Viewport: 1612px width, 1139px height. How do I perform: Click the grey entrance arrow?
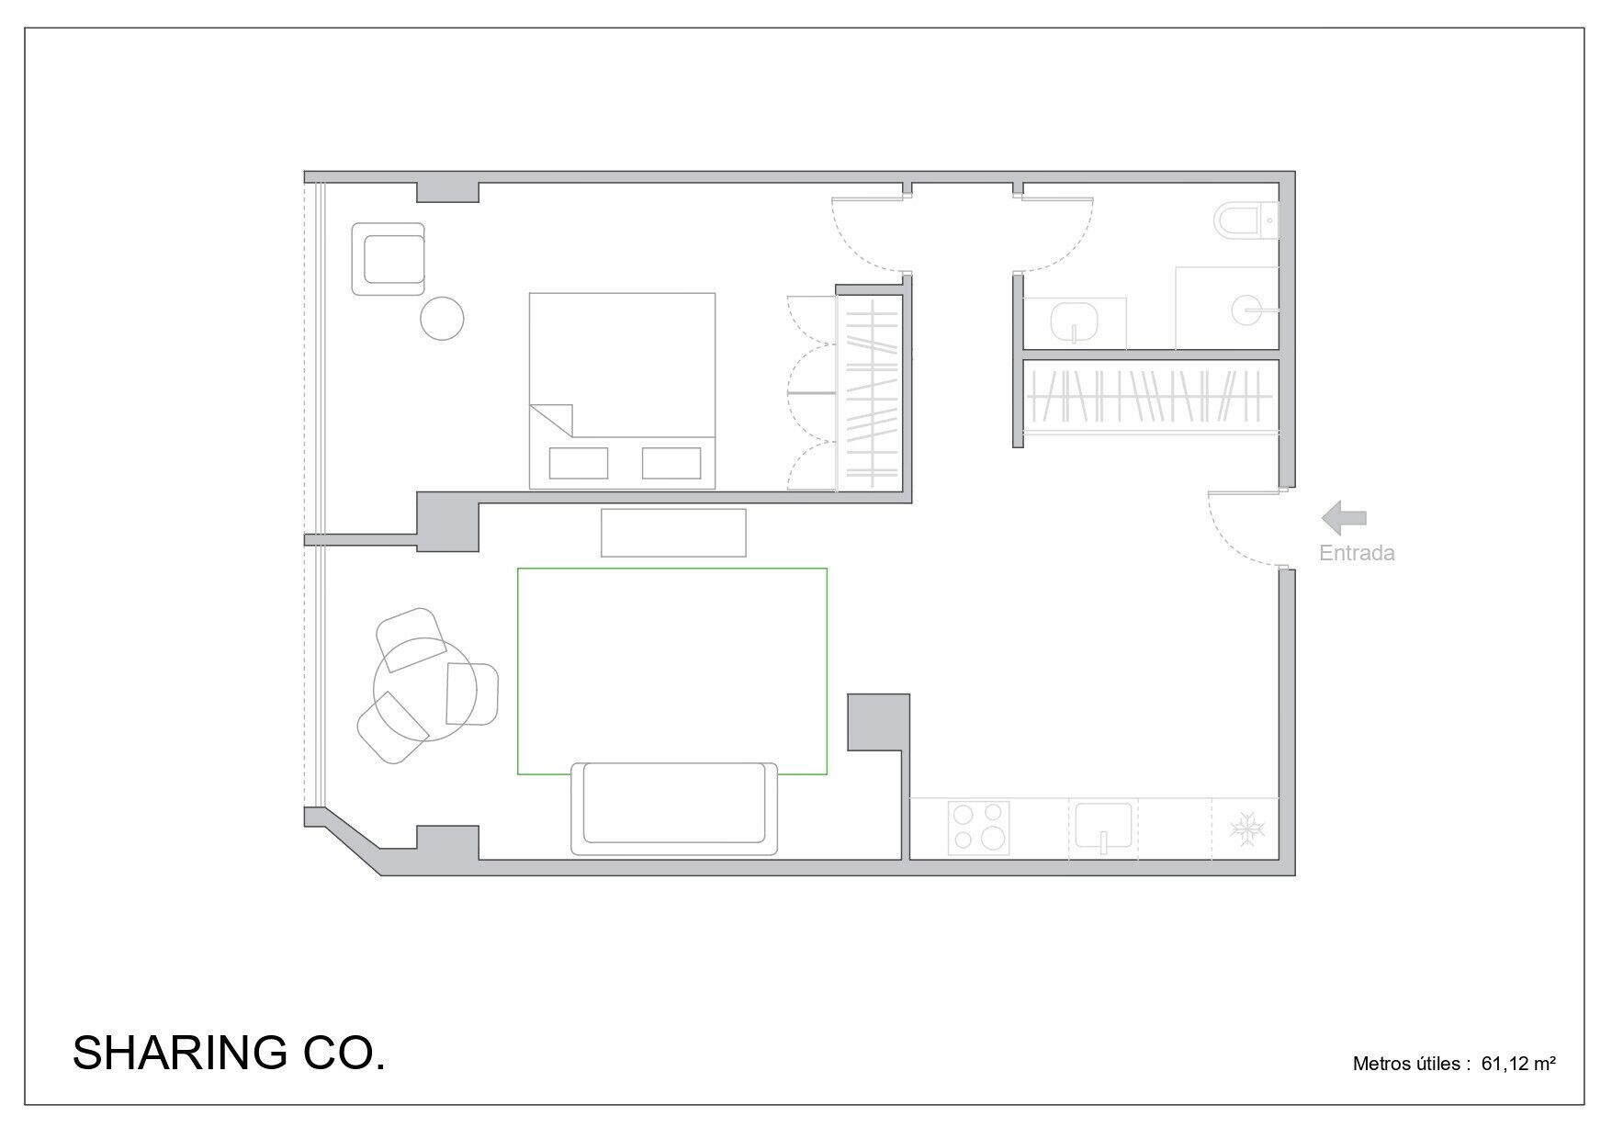point(1344,518)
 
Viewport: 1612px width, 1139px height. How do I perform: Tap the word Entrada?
point(1357,553)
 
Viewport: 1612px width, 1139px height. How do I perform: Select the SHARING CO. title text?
point(229,1053)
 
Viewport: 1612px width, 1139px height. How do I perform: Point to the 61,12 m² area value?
point(1518,1064)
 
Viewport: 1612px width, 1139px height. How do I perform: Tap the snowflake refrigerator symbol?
point(1247,829)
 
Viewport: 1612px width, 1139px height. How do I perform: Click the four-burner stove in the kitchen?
point(979,829)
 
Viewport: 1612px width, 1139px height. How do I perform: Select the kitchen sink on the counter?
point(1103,827)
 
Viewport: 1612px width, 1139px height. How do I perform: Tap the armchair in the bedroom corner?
point(389,259)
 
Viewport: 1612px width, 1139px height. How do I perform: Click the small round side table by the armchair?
point(442,319)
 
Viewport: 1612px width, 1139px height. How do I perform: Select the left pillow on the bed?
point(578,463)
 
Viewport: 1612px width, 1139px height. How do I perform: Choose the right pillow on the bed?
point(671,463)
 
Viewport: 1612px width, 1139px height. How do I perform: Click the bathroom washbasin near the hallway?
point(1076,321)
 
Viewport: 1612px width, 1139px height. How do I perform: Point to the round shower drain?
point(1251,310)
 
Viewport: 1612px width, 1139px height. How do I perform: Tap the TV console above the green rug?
point(673,533)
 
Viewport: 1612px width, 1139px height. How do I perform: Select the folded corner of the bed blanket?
point(554,419)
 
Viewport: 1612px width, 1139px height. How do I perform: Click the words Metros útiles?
point(1406,1064)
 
